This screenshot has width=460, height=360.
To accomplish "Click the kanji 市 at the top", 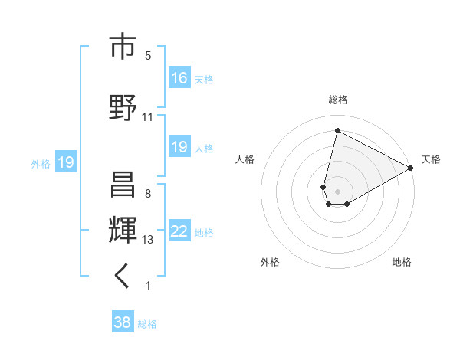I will point(122,47).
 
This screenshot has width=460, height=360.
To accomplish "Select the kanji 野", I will point(122,107).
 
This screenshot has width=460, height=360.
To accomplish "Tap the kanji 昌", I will point(122,185).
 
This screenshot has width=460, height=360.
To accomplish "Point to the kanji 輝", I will point(122,231).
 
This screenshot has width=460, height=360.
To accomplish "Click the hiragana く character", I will point(122,277).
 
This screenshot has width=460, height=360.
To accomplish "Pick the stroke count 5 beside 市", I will point(148,56).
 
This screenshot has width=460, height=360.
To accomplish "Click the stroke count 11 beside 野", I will point(148,117).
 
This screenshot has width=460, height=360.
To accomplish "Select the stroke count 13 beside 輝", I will point(148,240).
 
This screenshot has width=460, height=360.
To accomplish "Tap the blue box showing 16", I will point(179,78).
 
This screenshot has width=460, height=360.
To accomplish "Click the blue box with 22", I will point(179,232).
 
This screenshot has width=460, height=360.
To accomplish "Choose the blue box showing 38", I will point(123,323).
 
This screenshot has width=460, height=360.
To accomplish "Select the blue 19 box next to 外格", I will point(65,162).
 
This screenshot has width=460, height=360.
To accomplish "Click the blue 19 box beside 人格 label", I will point(179,147).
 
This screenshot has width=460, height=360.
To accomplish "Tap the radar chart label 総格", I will point(337,100).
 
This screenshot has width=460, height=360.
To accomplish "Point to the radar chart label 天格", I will point(431,159).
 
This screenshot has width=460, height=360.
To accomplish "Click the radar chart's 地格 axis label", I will point(402,262).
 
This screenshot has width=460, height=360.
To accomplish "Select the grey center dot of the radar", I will point(337,190).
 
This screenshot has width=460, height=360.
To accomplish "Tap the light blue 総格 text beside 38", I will point(147,324).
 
